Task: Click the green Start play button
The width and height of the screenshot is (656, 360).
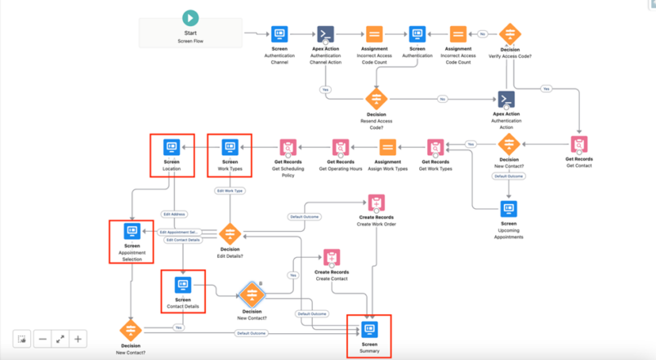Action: tap(190, 18)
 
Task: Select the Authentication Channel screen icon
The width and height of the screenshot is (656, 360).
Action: tap(279, 34)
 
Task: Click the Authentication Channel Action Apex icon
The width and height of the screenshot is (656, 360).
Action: tap(325, 34)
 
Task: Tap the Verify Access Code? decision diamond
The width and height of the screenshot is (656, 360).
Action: tap(510, 34)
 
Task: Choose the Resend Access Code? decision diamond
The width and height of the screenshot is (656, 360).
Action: tap(376, 99)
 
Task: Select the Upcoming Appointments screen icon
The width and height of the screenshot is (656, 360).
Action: tap(509, 209)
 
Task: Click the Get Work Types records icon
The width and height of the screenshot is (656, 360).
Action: tap(435, 148)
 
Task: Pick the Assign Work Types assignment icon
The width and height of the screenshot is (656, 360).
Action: tap(388, 148)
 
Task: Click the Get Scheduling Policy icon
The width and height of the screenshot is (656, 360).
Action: tap(288, 148)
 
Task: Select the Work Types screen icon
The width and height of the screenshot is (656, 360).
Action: tap(230, 148)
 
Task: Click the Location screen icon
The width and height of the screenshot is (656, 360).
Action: tap(172, 148)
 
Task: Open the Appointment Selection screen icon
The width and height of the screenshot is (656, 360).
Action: tap(132, 232)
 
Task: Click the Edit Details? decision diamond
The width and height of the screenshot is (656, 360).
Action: tap(230, 233)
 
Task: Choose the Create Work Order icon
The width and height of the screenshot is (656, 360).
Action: tap(376, 203)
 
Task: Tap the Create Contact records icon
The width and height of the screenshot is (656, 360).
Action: tap(332, 259)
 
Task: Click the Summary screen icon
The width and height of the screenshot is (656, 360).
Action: tap(370, 329)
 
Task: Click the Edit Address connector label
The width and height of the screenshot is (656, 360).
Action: tap(173, 215)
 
